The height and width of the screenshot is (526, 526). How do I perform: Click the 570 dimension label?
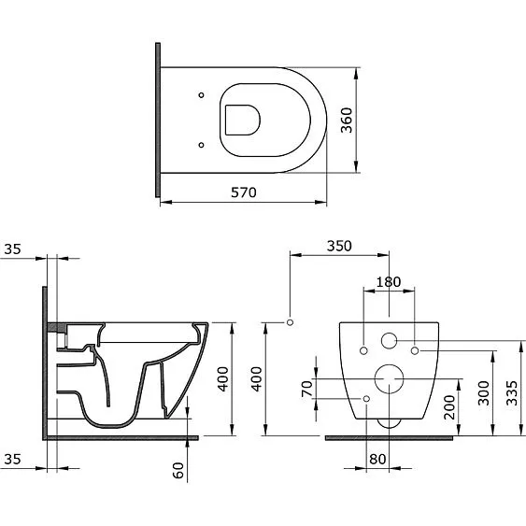click(x=244, y=192)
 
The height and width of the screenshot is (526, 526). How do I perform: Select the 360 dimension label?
click(x=347, y=121)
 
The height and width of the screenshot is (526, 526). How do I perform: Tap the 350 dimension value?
click(x=339, y=246)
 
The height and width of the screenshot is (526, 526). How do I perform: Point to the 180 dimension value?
click(x=389, y=282)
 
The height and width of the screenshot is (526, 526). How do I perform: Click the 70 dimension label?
click(x=307, y=389)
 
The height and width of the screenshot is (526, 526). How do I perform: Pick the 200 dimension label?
click(x=449, y=407)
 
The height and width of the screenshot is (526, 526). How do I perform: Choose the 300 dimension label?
click(x=483, y=392)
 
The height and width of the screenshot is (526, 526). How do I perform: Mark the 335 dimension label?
click(x=512, y=392)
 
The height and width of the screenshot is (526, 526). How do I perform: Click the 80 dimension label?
click(x=377, y=460)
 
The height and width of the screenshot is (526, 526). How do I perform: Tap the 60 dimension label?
click(x=178, y=470)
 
